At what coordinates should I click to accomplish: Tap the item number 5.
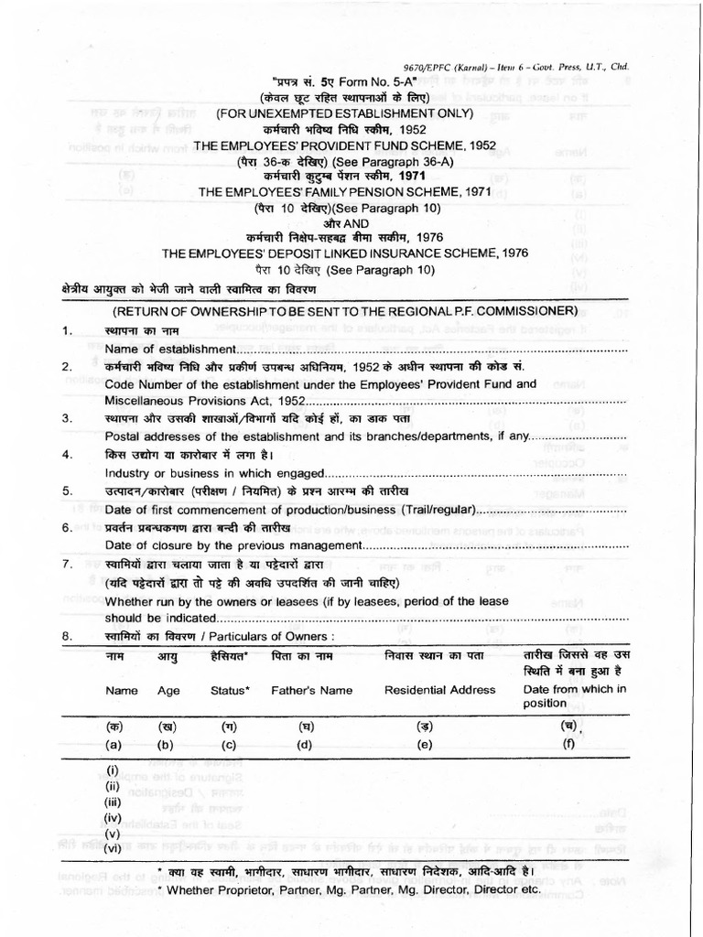pyautogui.click(x=66, y=490)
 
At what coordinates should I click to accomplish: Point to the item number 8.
pyautogui.click(x=66, y=635)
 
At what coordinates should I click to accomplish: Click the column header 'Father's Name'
pyautogui.click(x=309, y=690)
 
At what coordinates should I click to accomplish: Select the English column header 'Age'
pyautogui.click(x=168, y=691)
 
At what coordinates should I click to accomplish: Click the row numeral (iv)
pyautogui.click(x=113, y=816)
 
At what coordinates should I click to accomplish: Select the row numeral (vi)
pyautogui.click(x=113, y=847)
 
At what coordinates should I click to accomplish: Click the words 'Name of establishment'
pyautogui.click(x=170, y=349)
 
